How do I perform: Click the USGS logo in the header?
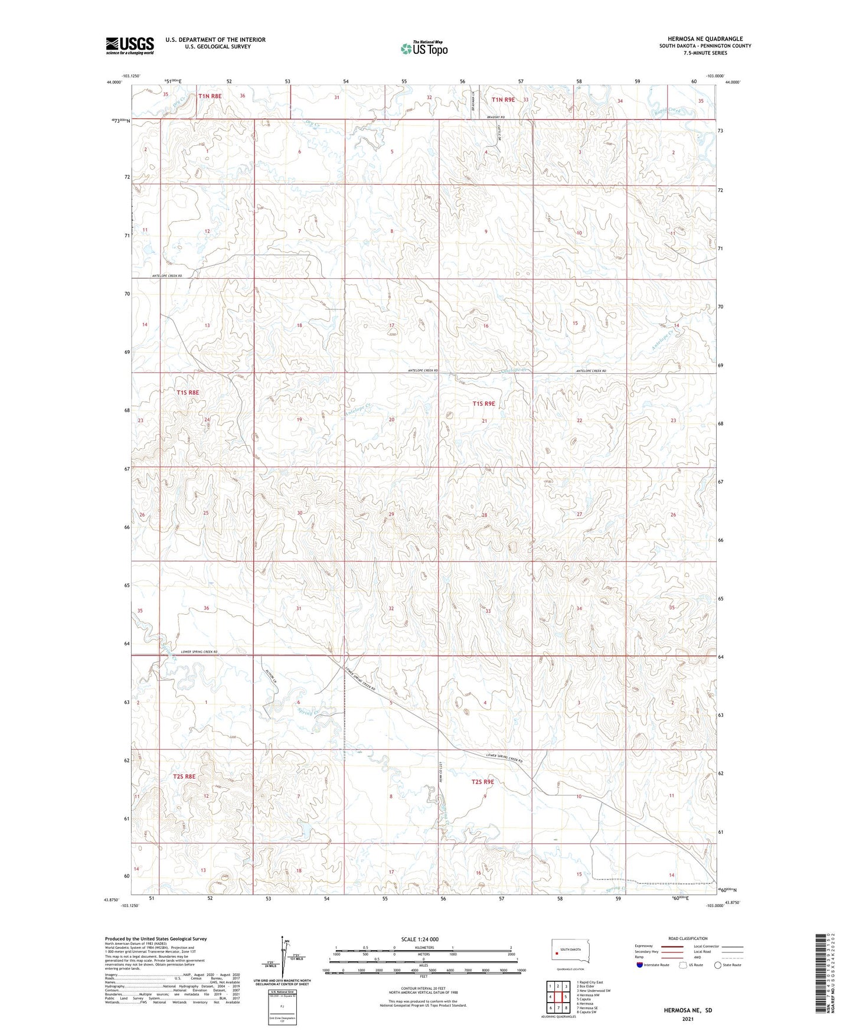tap(130, 45)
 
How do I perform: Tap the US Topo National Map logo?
tap(423, 48)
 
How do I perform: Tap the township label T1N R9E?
tap(503, 100)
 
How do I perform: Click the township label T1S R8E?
tap(188, 392)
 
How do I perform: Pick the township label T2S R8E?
tap(184, 776)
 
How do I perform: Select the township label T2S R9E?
tap(482, 782)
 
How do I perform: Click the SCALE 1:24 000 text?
tap(419, 939)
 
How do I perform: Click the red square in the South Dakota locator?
tap(557, 951)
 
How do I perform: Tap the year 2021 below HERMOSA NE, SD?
tap(687, 1019)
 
